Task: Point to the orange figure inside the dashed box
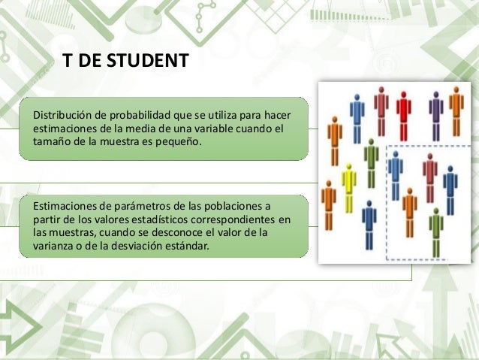point(409,210)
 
